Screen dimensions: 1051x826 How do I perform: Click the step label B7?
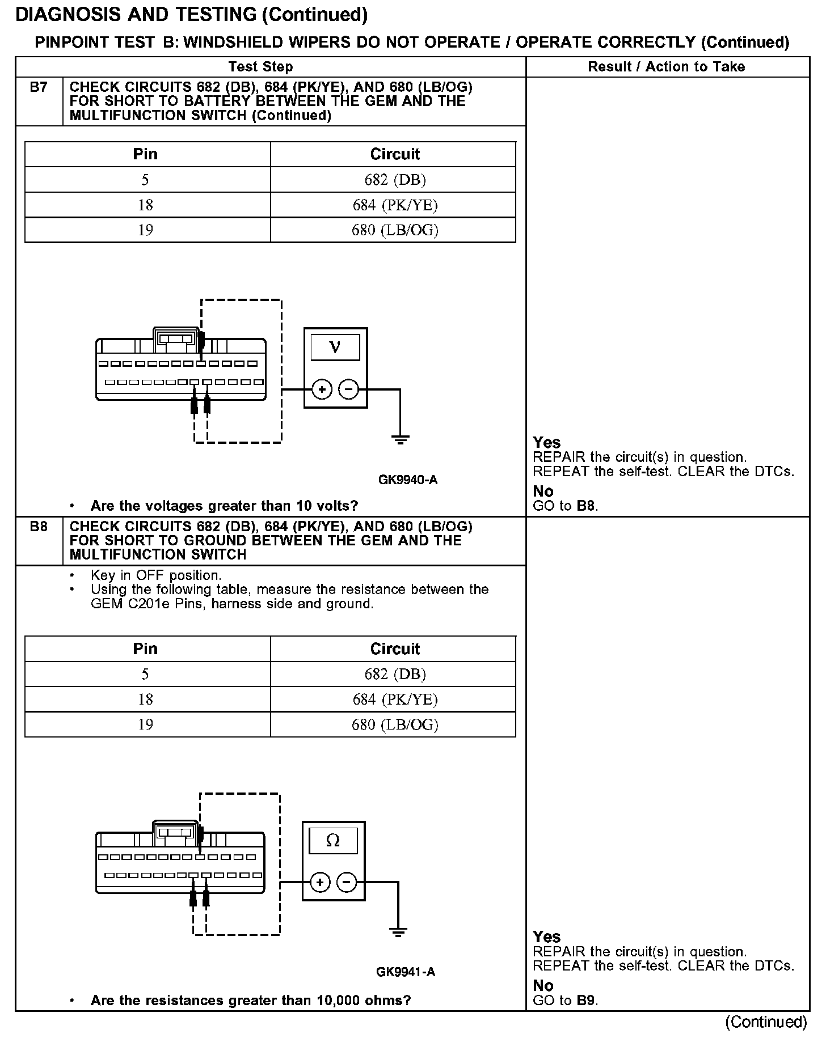coord(39,87)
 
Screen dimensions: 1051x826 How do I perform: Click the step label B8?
coord(39,527)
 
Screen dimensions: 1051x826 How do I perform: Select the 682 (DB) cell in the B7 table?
coord(395,180)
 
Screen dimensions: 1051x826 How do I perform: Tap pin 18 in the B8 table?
coord(145,700)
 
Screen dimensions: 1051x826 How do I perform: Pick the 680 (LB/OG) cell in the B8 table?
coord(395,724)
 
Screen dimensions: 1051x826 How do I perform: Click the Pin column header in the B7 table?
coord(145,154)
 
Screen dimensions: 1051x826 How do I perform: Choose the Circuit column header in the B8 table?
coord(395,649)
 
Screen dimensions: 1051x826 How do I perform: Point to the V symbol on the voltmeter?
coord(335,347)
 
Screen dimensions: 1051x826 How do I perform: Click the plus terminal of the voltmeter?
coord(322,389)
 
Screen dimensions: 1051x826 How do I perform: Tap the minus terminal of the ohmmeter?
coord(347,883)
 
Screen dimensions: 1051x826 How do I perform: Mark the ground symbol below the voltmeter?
coord(400,439)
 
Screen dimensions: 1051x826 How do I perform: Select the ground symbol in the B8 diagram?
coord(398,932)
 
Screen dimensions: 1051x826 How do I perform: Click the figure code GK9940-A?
coord(407,480)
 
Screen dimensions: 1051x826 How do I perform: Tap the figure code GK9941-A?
coord(406,972)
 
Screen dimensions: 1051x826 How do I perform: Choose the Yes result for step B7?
coord(547,443)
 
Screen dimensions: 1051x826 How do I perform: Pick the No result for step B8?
coord(543,986)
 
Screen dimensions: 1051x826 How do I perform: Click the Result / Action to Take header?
coord(666,67)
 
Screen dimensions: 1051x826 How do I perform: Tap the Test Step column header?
coord(260,67)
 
